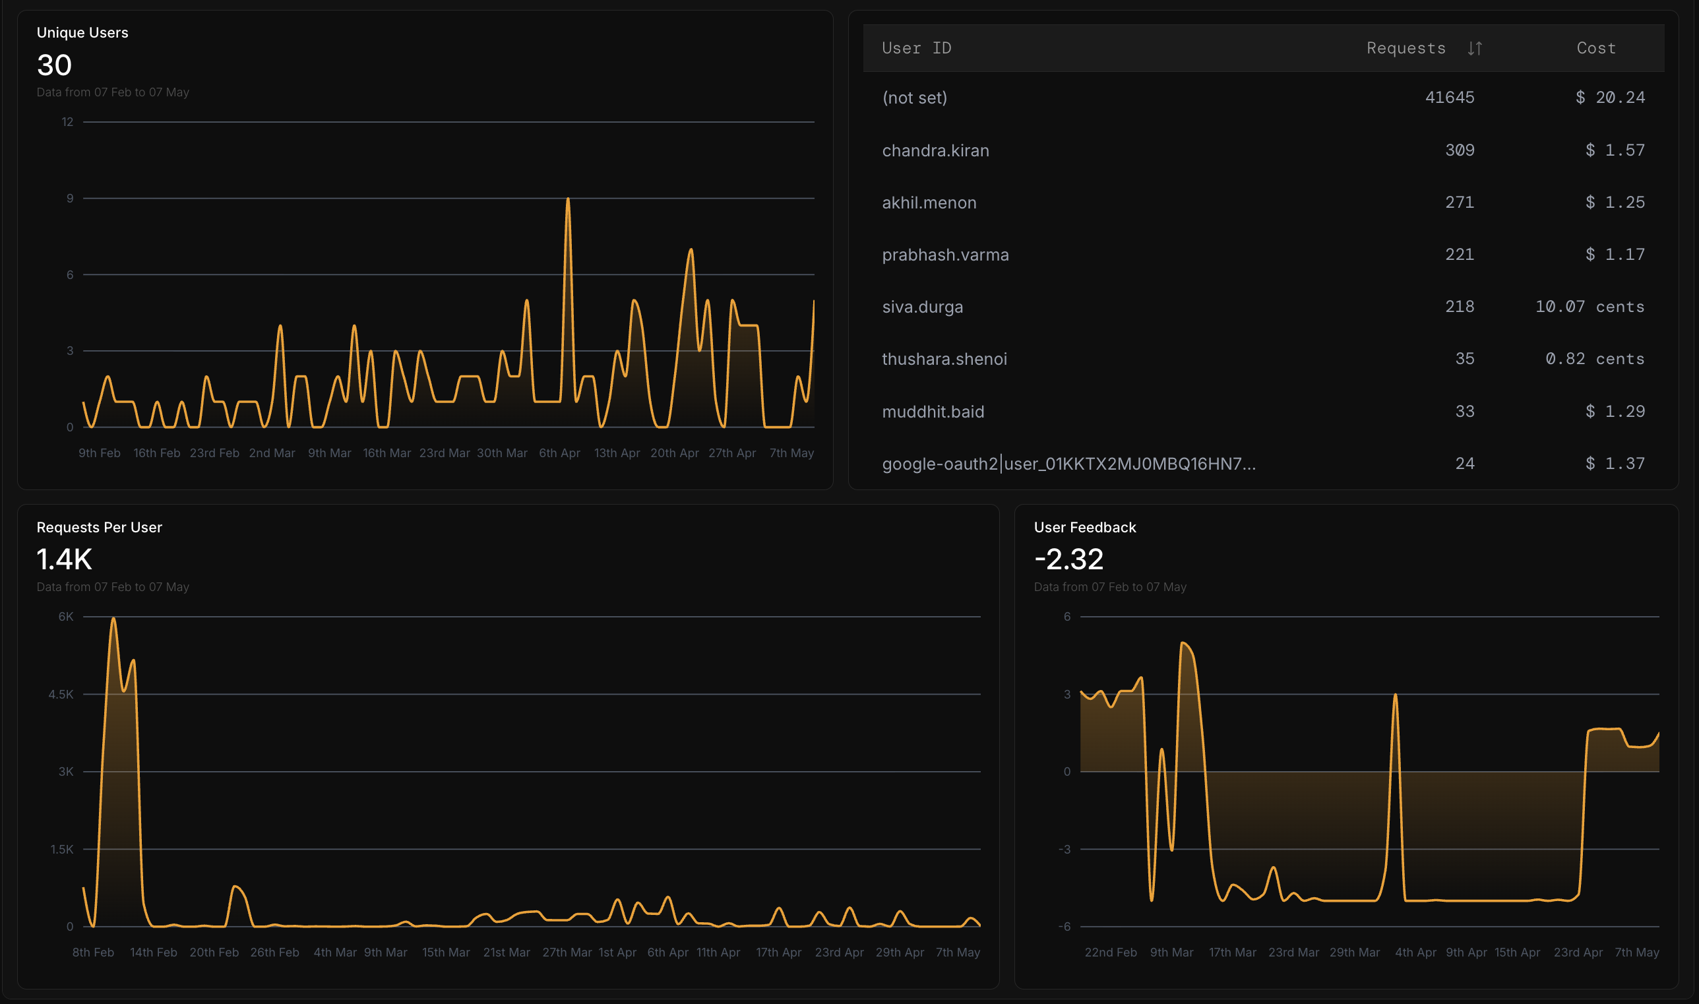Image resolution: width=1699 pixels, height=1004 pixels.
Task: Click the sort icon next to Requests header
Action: pyautogui.click(x=1475, y=49)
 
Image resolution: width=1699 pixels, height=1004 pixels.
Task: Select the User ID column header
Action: pyautogui.click(x=917, y=48)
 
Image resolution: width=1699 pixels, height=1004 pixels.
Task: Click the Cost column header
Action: pyautogui.click(x=1596, y=48)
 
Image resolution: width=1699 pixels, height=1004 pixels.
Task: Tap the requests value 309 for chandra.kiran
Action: pyautogui.click(x=1460, y=150)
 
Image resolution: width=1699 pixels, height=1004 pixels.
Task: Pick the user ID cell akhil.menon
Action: pyautogui.click(x=929, y=203)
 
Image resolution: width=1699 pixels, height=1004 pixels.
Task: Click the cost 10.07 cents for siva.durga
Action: pyautogui.click(x=1590, y=307)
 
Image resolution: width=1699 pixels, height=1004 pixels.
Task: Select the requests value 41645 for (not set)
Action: pyautogui.click(x=1450, y=98)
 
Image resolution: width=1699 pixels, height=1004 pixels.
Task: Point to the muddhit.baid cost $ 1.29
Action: pyautogui.click(x=1615, y=412)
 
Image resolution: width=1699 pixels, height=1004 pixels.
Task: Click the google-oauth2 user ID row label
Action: pyautogui.click(x=1068, y=464)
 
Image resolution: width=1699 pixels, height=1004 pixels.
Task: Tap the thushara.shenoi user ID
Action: pyautogui.click(x=944, y=359)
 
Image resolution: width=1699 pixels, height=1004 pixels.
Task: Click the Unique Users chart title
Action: pyautogui.click(x=82, y=32)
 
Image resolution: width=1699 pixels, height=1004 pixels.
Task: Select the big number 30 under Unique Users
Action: pyautogui.click(x=54, y=65)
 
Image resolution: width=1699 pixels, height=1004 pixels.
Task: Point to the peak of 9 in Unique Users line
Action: pyautogui.click(x=568, y=199)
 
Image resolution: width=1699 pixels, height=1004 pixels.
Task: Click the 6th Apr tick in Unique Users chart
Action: pyautogui.click(x=559, y=453)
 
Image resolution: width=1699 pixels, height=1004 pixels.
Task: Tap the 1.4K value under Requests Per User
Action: pyautogui.click(x=64, y=559)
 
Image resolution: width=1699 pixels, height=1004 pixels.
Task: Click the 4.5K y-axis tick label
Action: pyautogui.click(x=61, y=694)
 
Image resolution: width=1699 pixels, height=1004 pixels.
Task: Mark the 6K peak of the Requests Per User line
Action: pyautogui.click(x=113, y=618)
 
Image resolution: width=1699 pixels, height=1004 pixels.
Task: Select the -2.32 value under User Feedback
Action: pyautogui.click(x=1068, y=559)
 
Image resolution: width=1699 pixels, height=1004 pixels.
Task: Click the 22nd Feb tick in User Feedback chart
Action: pyautogui.click(x=1111, y=952)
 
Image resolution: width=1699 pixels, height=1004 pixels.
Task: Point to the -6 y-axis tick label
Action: pyautogui.click(x=1065, y=926)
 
